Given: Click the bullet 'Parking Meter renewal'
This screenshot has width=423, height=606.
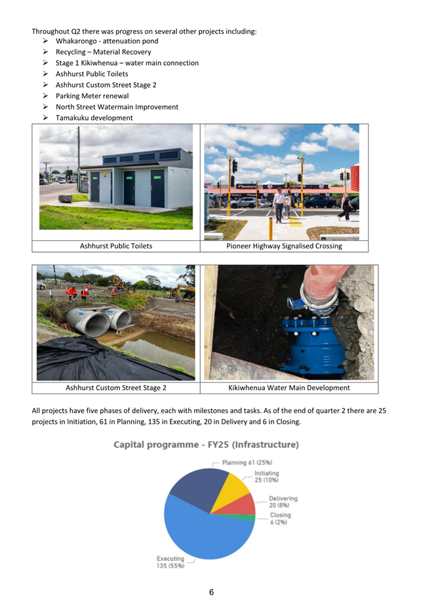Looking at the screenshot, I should [92, 96].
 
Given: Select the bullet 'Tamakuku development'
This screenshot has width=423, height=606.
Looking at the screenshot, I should [94, 118].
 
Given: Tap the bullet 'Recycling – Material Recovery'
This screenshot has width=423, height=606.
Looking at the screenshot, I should [103, 52].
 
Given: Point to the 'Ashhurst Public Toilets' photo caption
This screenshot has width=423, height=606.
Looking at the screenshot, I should [116, 246].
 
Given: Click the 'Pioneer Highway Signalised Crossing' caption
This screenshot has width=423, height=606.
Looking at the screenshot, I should [284, 246].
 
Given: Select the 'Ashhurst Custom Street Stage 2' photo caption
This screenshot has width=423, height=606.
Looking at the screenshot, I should [116, 388].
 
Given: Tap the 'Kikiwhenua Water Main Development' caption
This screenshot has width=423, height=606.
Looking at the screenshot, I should [289, 388].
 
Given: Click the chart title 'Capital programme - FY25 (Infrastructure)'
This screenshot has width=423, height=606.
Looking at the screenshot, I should [206, 445].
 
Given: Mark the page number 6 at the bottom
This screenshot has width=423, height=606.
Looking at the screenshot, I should [211, 592].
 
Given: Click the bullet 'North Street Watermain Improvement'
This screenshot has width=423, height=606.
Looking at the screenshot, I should [117, 107].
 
